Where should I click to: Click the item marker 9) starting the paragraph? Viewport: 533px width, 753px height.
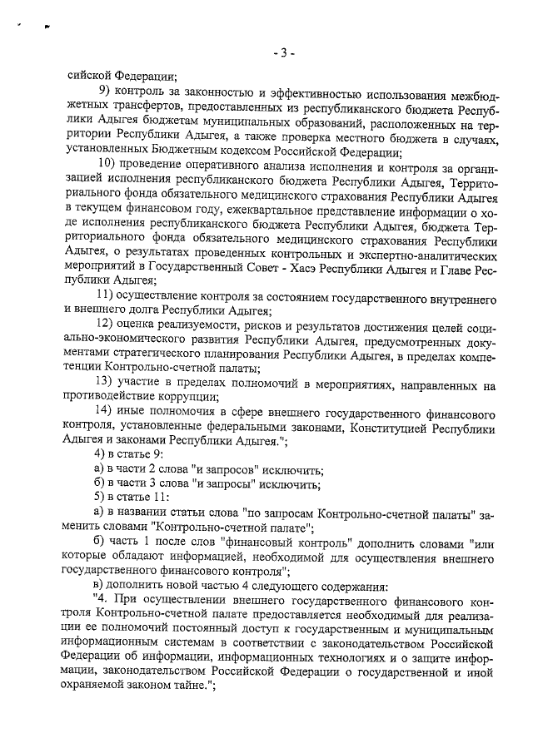click(x=104, y=91)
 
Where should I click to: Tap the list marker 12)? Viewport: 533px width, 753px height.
click(x=107, y=324)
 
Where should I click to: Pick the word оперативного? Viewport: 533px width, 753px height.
click(x=230, y=161)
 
